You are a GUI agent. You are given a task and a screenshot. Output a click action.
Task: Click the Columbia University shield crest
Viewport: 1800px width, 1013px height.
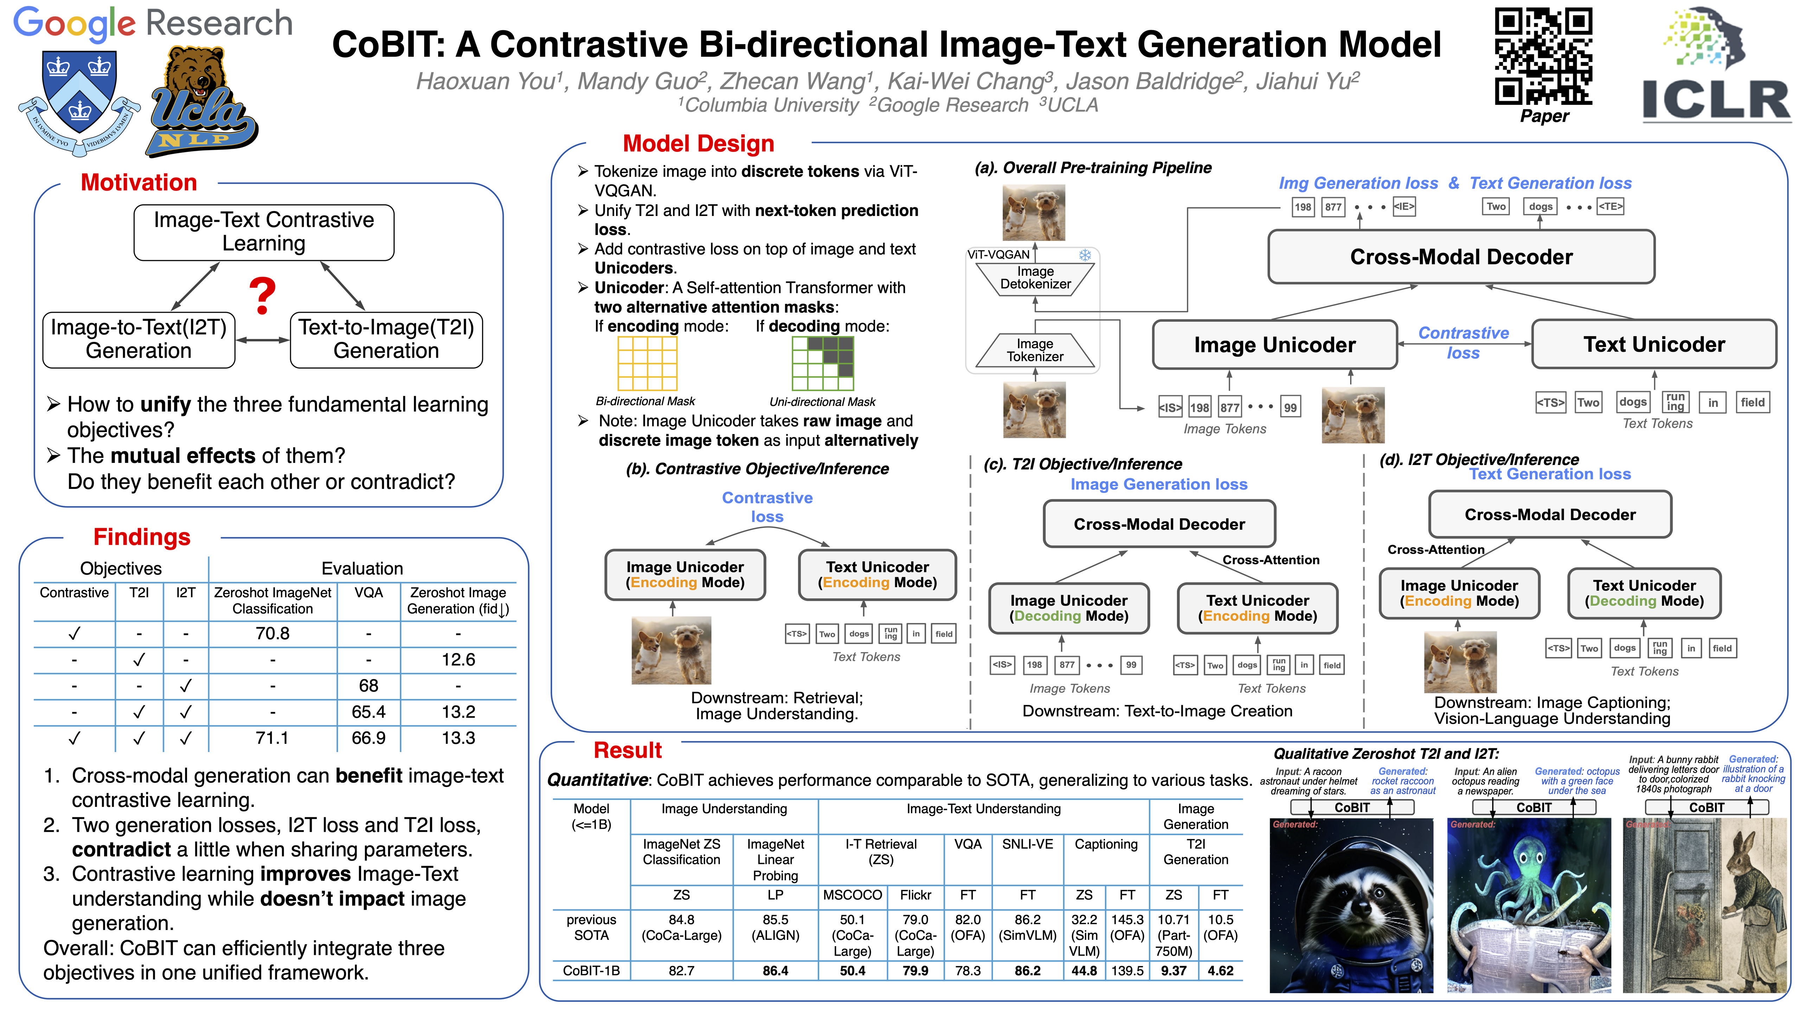tap(79, 98)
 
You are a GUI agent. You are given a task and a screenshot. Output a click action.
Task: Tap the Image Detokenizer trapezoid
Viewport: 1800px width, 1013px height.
tap(1035, 278)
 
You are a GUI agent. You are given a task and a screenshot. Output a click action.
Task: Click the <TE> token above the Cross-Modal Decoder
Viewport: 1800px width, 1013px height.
tap(1610, 206)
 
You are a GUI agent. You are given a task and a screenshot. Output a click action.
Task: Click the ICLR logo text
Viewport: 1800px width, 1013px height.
tap(1716, 99)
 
